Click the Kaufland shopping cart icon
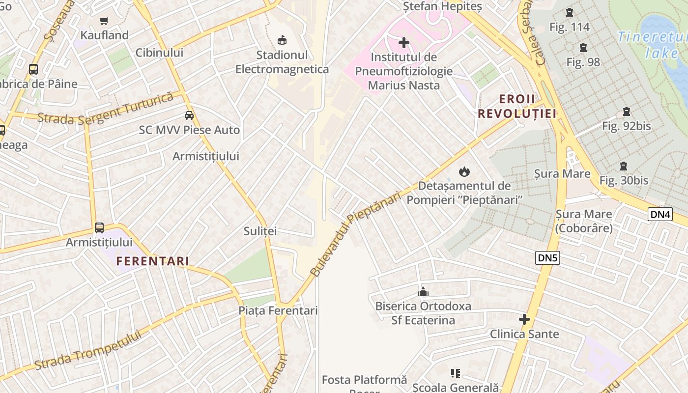[x=104, y=21]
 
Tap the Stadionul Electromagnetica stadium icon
[x=282, y=40]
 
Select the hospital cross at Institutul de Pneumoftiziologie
[x=403, y=43]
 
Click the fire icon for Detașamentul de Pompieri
[x=464, y=171]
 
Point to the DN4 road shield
[x=660, y=214]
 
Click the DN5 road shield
[x=547, y=258]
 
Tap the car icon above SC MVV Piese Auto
[x=189, y=115]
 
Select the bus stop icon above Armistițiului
[x=99, y=228]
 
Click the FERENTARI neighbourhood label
[x=152, y=261]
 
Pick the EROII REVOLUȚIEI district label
[x=517, y=107]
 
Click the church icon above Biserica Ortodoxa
[x=423, y=292]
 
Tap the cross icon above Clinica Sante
[x=524, y=319]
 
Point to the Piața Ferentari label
[x=278, y=310]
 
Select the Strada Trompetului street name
[x=88, y=350]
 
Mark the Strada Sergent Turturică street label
[x=106, y=109]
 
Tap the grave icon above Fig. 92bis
[x=627, y=112]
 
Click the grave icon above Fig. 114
[x=570, y=12]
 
